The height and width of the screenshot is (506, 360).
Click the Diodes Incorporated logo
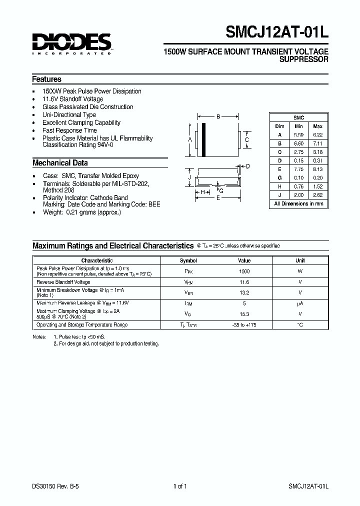(72, 43)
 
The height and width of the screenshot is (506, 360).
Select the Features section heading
(46, 79)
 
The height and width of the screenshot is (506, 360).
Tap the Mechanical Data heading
(60, 162)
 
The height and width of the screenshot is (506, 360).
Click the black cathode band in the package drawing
(203, 139)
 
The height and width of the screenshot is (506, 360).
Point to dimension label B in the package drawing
(218, 117)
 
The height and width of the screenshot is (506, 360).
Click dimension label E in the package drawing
(218, 197)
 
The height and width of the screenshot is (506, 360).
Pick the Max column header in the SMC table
(317, 126)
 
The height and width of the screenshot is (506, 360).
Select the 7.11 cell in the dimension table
(317, 143)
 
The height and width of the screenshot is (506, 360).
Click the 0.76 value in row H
(299, 187)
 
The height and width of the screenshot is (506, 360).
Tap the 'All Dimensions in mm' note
(298, 204)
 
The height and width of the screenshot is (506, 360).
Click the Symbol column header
(188, 260)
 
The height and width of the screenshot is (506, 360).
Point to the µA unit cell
(300, 303)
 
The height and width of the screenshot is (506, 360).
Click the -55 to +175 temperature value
(244, 325)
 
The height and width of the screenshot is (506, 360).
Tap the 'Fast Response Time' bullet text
(69, 130)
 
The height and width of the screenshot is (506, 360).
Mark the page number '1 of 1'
(180, 486)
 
